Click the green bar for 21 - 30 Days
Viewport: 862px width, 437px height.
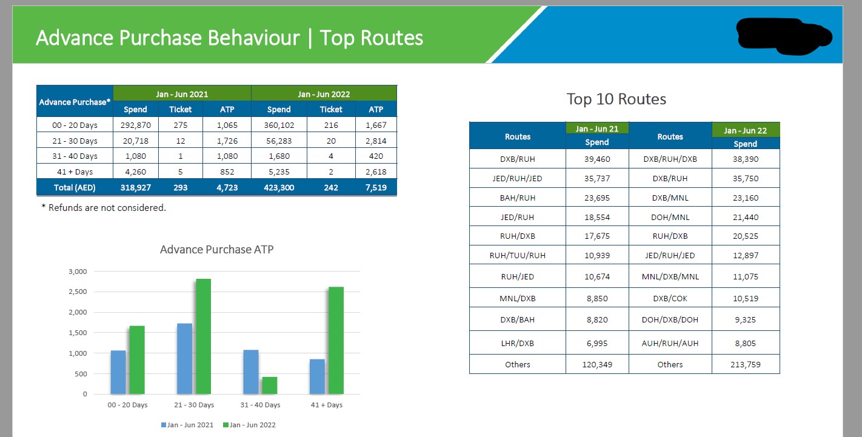(x=203, y=336)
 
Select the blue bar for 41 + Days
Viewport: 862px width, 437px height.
(x=317, y=376)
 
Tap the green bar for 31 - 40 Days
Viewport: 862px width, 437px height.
(x=269, y=385)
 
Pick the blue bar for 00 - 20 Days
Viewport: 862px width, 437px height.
(x=118, y=372)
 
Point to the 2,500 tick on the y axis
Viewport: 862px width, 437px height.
(x=77, y=292)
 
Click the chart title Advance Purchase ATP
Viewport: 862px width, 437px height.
(x=216, y=249)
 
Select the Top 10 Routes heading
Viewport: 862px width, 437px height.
(x=616, y=99)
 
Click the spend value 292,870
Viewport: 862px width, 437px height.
(x=135, y=125)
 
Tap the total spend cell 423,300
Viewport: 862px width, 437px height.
(x=279, y=187)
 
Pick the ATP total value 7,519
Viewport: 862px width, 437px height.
(x=376, y=187)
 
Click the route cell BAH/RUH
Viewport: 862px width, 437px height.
(x=517, y=198)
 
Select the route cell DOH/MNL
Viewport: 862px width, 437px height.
(x=670, y=217)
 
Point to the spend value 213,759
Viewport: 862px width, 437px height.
(x=745, y=364)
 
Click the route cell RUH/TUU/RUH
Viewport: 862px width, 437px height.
(x=517, y=255)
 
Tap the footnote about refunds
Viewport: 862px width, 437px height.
(x=104, y=208)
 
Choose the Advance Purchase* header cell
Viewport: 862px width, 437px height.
(x=75, y=102)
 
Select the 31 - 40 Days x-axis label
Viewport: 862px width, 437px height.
(x=260, y=405)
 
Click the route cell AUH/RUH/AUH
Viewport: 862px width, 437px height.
(x=670, y=343)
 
